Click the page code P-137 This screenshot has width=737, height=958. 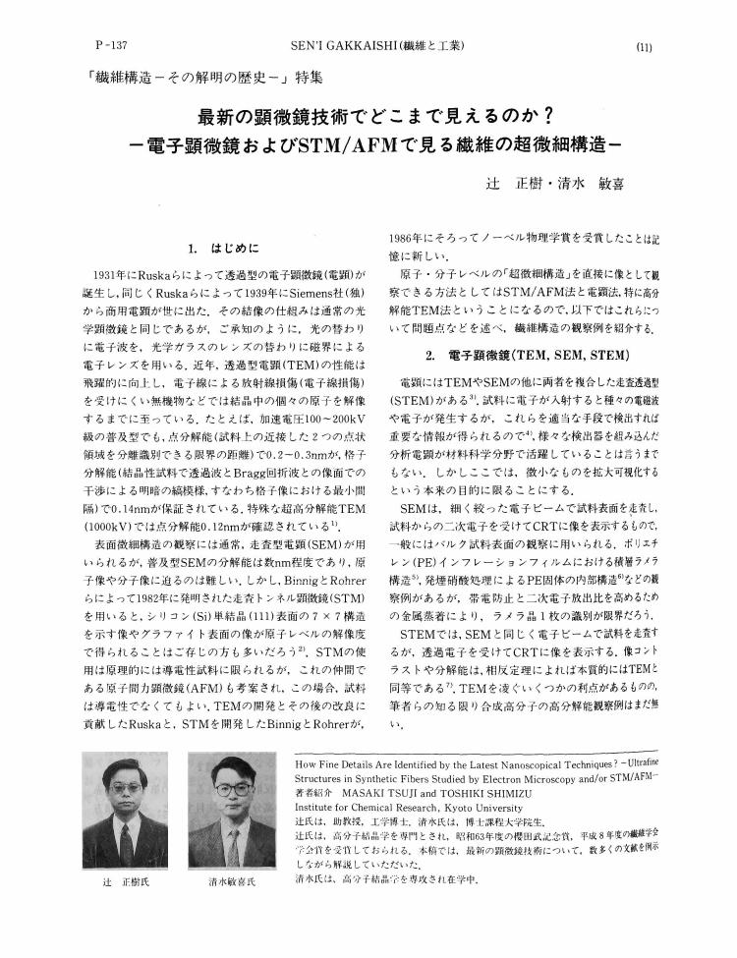click(116, 46)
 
